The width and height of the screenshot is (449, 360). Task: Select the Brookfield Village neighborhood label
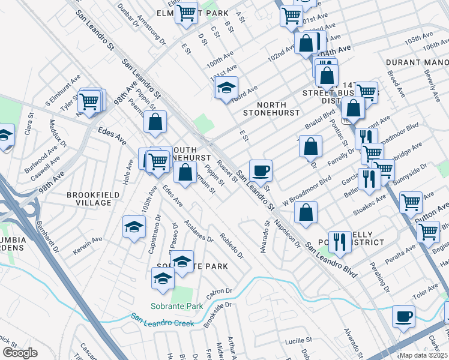coord(89,199)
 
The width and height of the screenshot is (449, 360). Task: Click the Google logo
coord(20,353)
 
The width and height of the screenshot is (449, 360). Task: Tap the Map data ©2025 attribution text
coord(423,355)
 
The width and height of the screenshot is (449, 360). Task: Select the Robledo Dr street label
coord(232,245)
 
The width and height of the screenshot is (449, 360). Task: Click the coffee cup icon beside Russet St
coord(261,170)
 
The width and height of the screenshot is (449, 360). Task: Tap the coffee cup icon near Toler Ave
coord(403,316)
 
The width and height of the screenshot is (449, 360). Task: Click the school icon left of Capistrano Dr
coord(134,226)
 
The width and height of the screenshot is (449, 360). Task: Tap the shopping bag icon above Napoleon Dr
coord(306,213)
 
